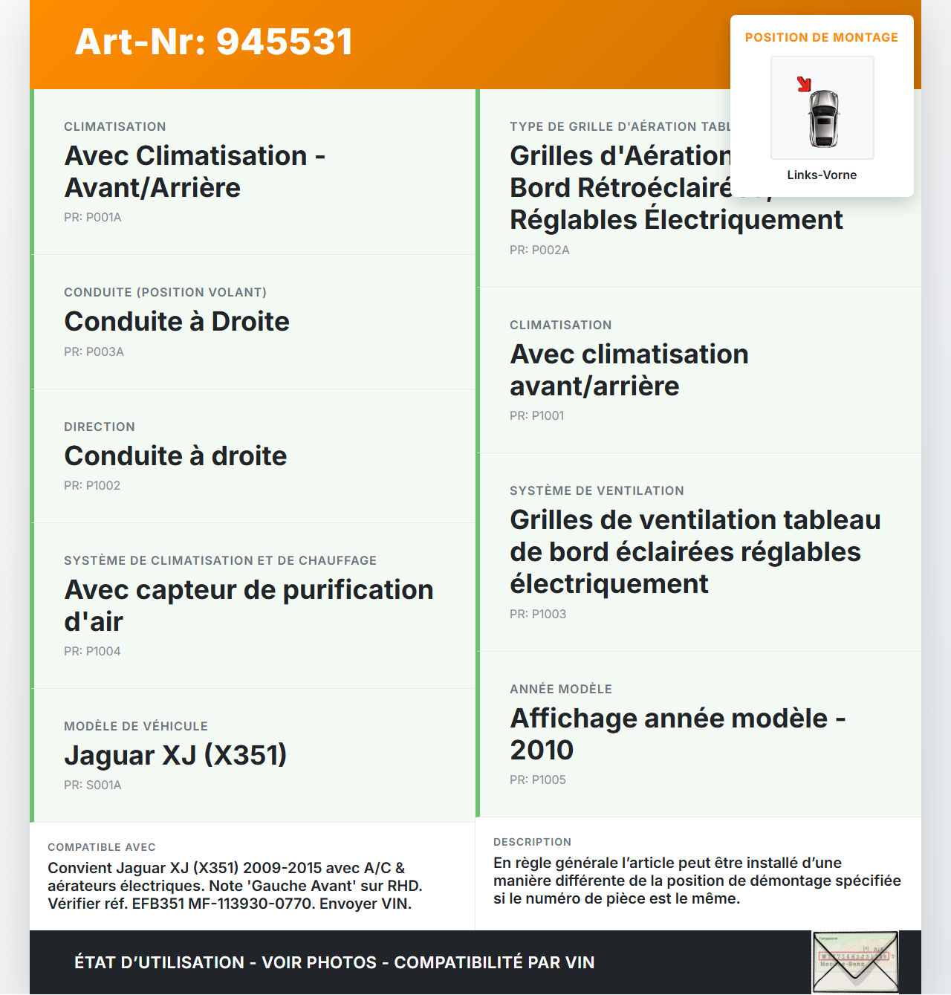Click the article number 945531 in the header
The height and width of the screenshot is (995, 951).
pos(285,42)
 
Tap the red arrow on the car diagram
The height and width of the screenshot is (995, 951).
pos(804,84)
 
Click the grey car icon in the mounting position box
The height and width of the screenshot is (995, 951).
pos(823,118)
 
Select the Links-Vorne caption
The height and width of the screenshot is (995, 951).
pos(822,175)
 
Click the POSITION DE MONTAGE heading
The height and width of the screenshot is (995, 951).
pos(822,38)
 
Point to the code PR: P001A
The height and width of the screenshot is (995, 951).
pos(93,218)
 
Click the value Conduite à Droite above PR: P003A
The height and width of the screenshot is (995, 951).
pos(177,322)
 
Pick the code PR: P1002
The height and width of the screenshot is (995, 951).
pos(92,486)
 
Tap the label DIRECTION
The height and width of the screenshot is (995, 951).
pos(100,427)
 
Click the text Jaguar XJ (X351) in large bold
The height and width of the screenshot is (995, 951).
pos(175,756)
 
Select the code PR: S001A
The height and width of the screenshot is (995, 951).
pos(93,785)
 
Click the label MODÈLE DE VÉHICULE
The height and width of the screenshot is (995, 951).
pos(136,727)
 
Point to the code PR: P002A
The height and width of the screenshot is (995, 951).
pos(539,250)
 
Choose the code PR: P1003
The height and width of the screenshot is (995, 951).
pos(538,615)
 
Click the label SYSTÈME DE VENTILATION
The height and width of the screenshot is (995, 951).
pos(597,491)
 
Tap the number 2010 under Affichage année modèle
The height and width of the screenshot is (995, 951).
pos(542,751)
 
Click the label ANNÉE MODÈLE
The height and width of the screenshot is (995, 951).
pos(561,690)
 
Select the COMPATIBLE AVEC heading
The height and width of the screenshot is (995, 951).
pos(102,848)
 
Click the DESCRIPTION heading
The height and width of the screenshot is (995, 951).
pos(532,843)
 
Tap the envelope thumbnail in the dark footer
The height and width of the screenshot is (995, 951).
pos(855,962)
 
